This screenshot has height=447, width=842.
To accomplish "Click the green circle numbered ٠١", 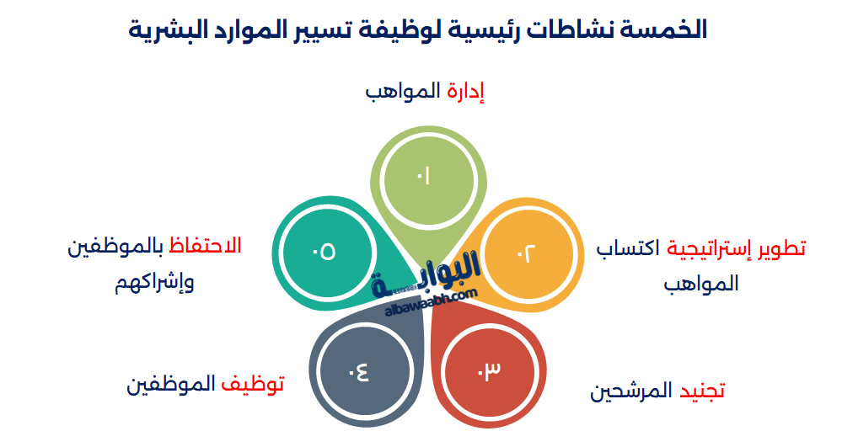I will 422,176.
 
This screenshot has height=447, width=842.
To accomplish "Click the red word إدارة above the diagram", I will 467,91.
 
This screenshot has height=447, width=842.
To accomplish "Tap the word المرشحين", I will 631,391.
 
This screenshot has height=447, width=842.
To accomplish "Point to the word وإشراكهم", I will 155,281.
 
